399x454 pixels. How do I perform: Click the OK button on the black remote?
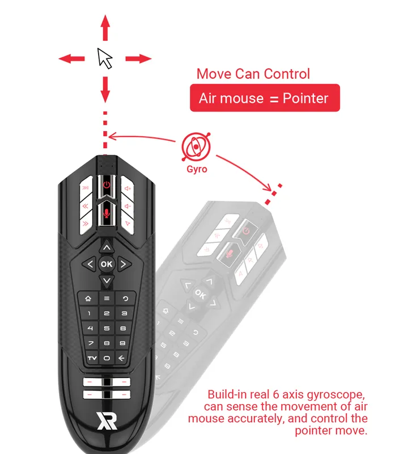click(107, 264)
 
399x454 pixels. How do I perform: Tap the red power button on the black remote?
click(107, 185)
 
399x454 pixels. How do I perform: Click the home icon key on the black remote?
click(88, 299)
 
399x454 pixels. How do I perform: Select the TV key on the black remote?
click(92, 358)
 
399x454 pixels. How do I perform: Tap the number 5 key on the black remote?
click(107, 329)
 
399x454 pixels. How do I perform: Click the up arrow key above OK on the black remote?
click(107, 247)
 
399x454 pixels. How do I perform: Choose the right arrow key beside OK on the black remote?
click(124, 264)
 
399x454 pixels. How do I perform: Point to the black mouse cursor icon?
click(104, 58)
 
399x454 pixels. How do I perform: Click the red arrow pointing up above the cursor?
click(105, 28)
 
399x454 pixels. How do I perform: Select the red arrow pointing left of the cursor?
click(72, 59)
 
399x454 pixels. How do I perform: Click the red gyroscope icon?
click(196, 147)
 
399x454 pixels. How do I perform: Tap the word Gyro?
click(197, 169)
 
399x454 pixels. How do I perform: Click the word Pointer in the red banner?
click(305, 98)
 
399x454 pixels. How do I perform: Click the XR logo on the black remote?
click(107, 421)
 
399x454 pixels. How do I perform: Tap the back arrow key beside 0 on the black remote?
click(121, 358)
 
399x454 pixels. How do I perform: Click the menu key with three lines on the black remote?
click(107, 299)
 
